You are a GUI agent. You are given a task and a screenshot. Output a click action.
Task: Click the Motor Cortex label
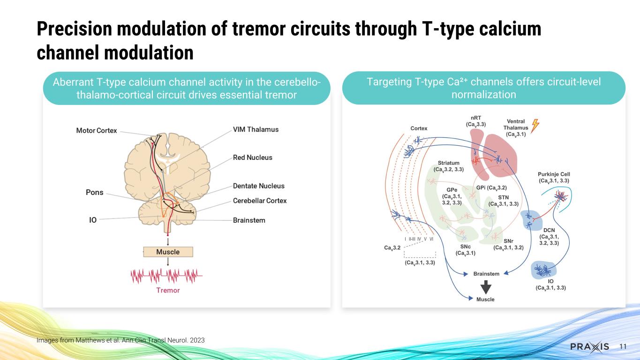tap(97, 130)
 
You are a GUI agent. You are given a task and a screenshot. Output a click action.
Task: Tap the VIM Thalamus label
tap(256, 129)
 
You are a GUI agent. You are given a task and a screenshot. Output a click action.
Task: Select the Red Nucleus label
tap(252, 157)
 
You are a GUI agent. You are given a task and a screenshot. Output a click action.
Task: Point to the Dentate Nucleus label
tap(258, 186)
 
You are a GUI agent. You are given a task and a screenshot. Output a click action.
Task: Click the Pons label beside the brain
tap(94, 192)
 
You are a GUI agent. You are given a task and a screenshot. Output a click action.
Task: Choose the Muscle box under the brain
tap(168, 252)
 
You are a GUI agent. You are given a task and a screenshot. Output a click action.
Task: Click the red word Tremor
tap(168, 290)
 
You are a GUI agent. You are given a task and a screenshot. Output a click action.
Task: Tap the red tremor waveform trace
tap(167, 275)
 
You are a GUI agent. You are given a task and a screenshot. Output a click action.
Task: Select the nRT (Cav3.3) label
tap(475, 121)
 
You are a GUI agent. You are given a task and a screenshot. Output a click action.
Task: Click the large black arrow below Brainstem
tap(486, 287)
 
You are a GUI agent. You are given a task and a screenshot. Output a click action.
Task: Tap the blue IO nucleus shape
tap(544, 270)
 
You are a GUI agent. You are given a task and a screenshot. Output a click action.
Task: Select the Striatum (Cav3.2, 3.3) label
tap(448, 166)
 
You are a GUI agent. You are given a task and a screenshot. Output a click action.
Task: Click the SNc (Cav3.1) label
tap(466, 250)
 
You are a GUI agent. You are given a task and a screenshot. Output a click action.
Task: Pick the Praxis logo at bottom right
tap(590, 347)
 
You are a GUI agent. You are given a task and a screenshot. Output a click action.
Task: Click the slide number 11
tap(623, 347)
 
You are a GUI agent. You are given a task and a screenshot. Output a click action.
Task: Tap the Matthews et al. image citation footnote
tap(120, 340)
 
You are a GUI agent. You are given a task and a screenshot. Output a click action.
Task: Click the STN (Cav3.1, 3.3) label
tap(503, 201)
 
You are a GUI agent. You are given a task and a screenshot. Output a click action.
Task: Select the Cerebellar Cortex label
tap(260, 201)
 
